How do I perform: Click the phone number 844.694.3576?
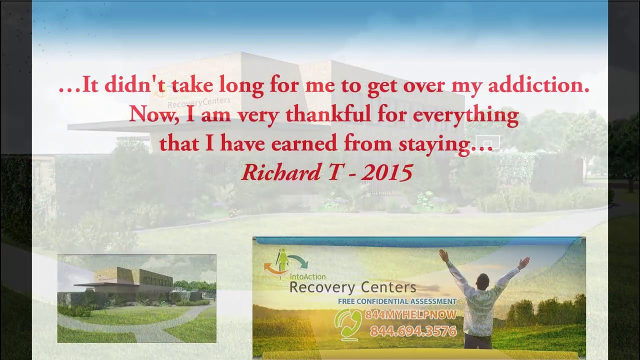[x=413, y=331]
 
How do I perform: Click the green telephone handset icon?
[x=347, y=323]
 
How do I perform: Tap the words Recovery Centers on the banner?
[x=352, y=287]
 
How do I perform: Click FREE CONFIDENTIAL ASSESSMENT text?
[x=397, y=301]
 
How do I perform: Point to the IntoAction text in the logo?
[x=307, y=276]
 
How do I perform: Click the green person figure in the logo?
[x=283, y=259]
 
